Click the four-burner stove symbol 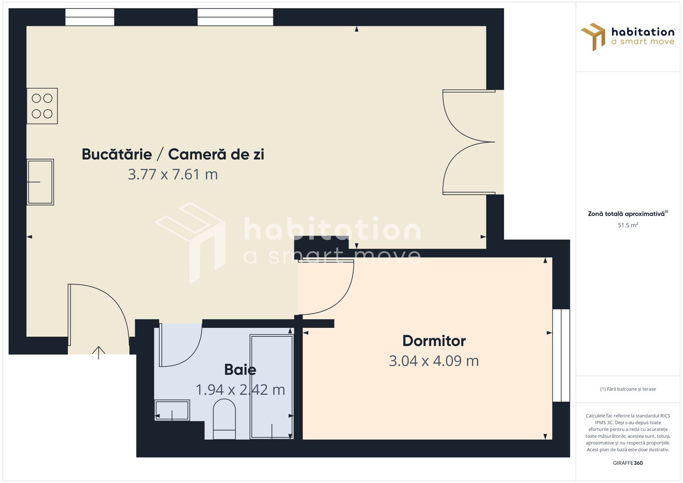(42, 106)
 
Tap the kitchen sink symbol (40, 182)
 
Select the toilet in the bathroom (224, 419)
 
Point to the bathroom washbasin (172, 410)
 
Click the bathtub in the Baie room (272, 387)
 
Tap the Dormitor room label (434, 341)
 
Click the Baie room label (240, 369)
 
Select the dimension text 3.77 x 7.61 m (173, 174)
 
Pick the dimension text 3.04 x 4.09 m (434, 361)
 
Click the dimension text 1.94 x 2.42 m (240, 390)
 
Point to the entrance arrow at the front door (98, 353)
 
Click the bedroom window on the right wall (561, 355)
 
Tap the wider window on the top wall (235, 17)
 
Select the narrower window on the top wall (89, 17)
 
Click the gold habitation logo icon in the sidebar (593, 37)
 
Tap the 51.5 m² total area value (628, 225)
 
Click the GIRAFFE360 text (628, 463)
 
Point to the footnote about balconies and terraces (628, 389)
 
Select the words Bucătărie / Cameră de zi (173, 154)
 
